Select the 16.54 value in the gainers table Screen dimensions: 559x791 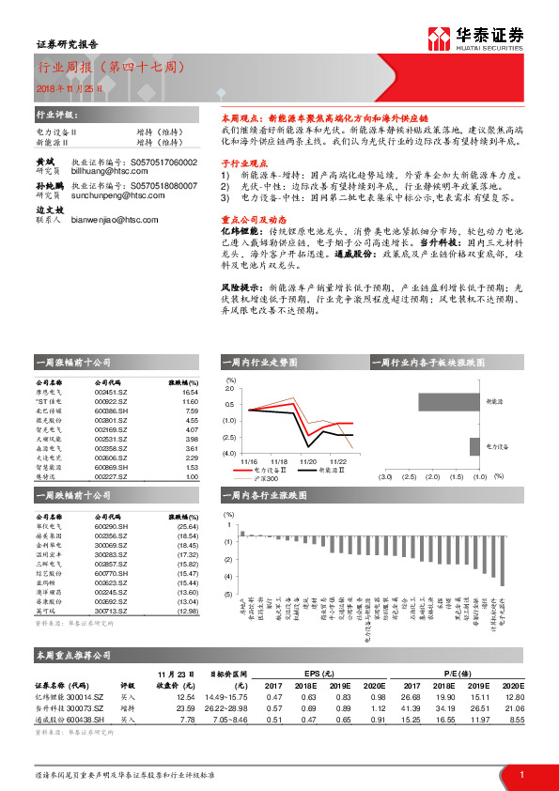coord(192,392)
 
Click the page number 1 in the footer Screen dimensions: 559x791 coord(520,772)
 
